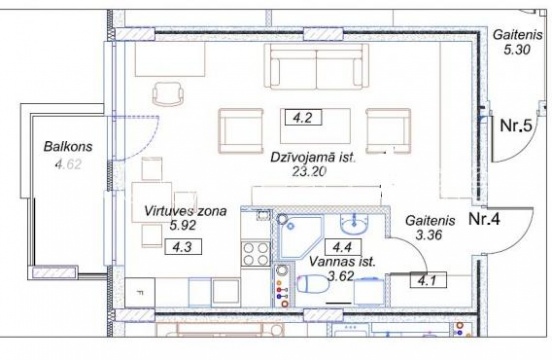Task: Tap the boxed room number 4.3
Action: (183, 246)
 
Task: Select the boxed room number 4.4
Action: (343, 247)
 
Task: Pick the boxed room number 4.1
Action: (428, 280)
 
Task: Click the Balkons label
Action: (68, 146)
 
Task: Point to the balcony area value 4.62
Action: (68, 164)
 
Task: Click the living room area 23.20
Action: (309, 171)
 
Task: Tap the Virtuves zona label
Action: (186, 211)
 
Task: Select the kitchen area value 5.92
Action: (182, 225)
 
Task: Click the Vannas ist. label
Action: (342, 262)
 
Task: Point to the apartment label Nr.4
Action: (484, 219)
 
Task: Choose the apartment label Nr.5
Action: (516, 125)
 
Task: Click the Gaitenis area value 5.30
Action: (517, 50)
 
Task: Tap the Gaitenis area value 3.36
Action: (429, 235)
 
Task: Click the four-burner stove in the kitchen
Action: (256, 254)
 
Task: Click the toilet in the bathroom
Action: (313, 284)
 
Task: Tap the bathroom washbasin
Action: (354, 224)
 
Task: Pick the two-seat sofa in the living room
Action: (316, 66)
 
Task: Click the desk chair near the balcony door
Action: (169, 94)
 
